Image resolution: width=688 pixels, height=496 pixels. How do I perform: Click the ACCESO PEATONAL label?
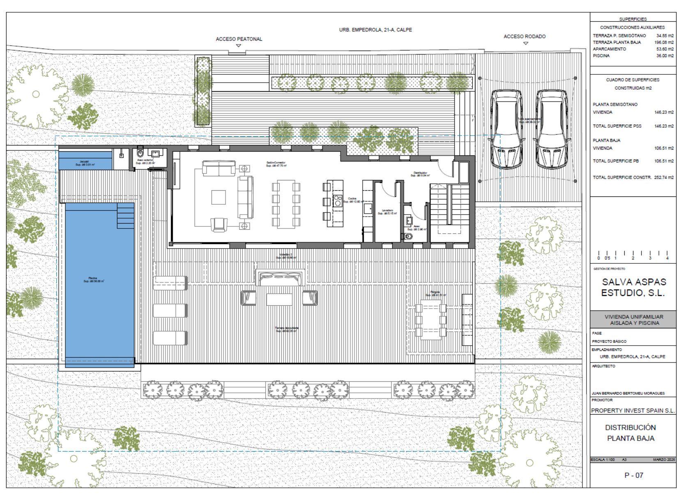click(x=239, y=39)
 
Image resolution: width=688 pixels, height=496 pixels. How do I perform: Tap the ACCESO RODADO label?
click(x=525, y=37)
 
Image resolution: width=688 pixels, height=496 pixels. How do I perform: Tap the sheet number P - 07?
click(x=633, y=475)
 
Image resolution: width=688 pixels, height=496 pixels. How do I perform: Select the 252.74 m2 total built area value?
click(x=664, y=178)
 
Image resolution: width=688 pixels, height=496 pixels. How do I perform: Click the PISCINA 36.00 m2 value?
click(x=665, y=56)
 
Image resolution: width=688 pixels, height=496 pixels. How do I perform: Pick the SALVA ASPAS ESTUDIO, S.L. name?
click(x=633, y=287)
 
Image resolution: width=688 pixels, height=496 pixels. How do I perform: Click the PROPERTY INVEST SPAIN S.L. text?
click(x=633, y=411)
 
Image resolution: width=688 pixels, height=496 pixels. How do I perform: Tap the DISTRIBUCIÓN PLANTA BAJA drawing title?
click(x=630, y=433)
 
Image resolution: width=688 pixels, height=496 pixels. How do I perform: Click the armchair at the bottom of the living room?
click(x=219, y=224)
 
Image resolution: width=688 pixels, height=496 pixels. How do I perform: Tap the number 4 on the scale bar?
click(x=667, y=258)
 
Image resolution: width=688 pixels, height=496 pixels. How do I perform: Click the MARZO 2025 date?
click(x=664, y=459)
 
